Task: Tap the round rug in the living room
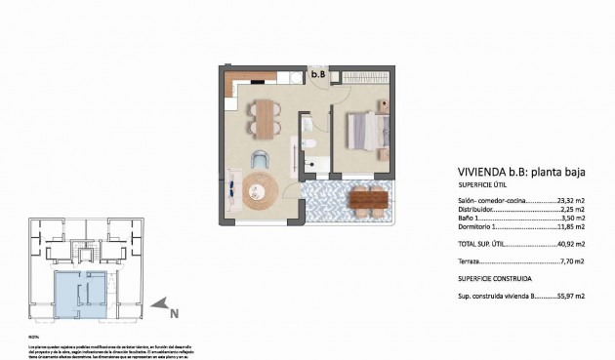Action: click(x=261, y=193)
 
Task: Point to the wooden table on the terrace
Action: click(x=367, y=199)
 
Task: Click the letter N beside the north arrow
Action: click(x=174, y=313)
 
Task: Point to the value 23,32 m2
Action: click(x=569, y=200)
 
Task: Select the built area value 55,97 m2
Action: click(x=569, y=295)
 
